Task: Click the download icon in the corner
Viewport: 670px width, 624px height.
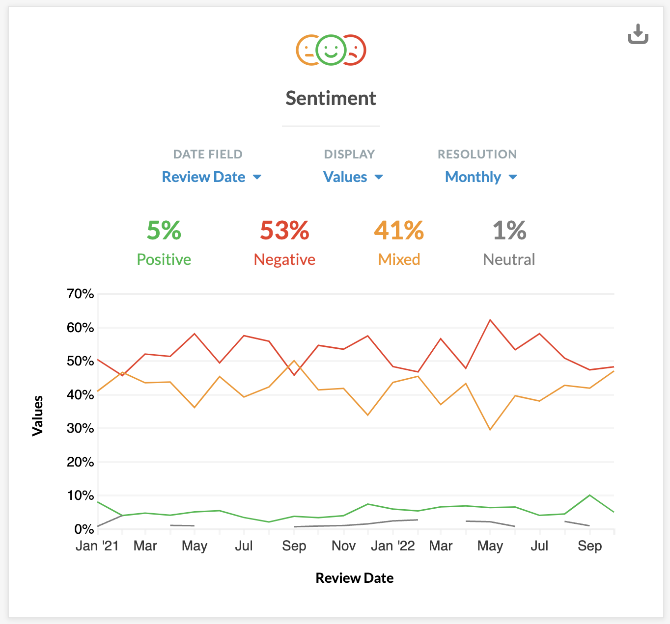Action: point(638,34)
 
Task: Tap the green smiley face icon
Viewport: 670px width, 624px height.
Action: point(331,50)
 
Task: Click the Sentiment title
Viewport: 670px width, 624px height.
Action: point(331,98)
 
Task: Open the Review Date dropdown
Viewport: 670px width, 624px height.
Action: point(212,177)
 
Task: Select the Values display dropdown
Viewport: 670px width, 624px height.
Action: point(353,177)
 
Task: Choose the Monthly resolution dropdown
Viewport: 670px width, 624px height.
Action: point(481,177)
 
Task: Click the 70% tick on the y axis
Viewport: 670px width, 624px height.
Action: point(81,294)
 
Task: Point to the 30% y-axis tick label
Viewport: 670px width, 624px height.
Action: point(81,428)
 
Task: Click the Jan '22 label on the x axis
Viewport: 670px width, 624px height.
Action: point(392,546)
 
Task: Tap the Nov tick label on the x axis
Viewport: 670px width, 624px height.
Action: point(343,546)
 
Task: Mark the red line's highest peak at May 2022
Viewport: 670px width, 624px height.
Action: point(490,320)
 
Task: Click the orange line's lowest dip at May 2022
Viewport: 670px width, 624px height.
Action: point(490,430)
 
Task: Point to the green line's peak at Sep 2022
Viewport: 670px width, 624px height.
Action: point(589,495)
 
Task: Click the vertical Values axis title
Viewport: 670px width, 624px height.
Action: point(38,416)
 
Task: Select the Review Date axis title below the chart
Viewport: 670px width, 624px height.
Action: point(354,578)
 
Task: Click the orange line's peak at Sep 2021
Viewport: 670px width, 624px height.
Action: point(294,361)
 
